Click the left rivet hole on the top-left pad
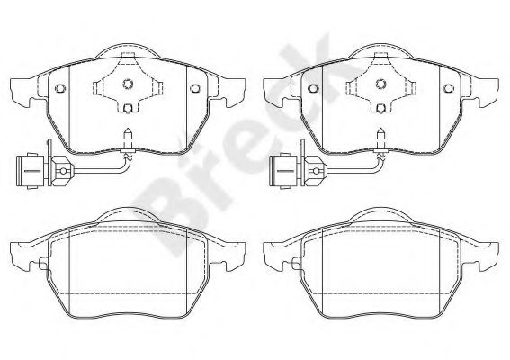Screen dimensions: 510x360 point(60,88)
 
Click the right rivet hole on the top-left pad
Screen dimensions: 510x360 point(195,88)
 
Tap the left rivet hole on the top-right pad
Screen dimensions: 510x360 point(313,88)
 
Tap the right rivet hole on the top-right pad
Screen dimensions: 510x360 point(448,88)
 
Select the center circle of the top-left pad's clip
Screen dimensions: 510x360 point(128,84)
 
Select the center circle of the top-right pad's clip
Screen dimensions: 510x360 point(380,84)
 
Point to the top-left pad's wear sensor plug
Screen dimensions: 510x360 point(30,171)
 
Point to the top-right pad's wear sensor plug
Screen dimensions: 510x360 point(283,171)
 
